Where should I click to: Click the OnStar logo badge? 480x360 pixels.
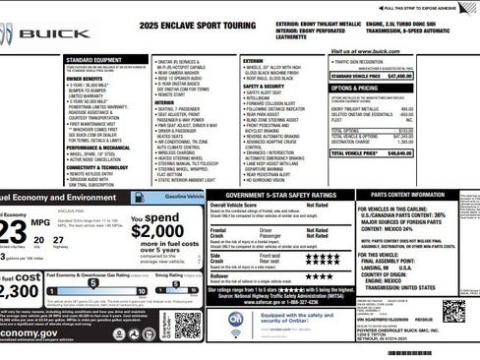(238, 322)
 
